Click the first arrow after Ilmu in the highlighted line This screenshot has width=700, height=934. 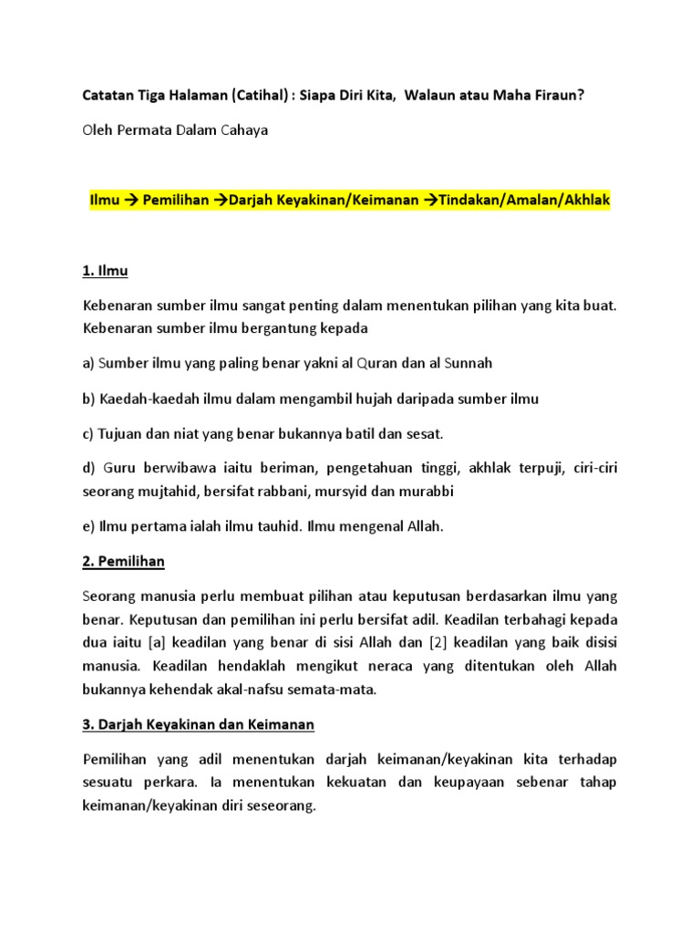129,200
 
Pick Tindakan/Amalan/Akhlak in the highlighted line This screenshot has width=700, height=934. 524,200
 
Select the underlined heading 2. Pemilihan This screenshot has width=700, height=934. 124,561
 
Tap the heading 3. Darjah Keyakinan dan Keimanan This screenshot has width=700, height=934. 199,724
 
